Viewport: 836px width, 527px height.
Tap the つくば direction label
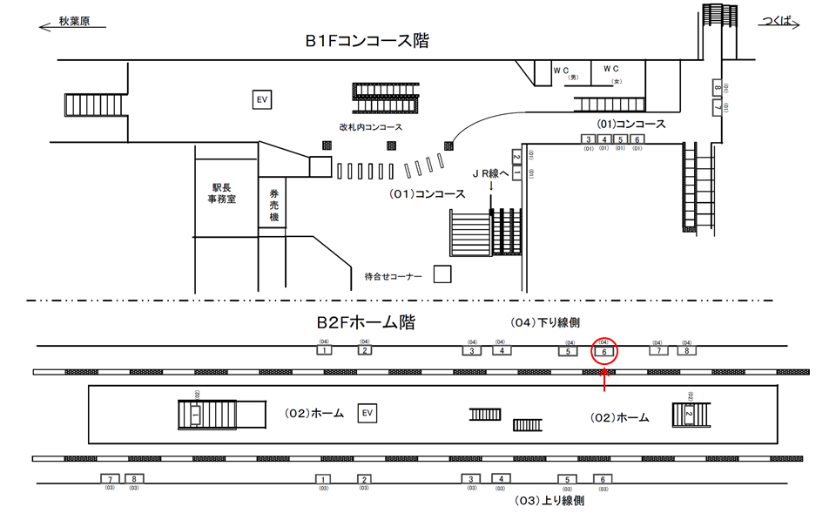tap(776, 19)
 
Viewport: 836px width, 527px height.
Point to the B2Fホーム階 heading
tap(365, 323)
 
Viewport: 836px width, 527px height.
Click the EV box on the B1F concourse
tap(261, 100)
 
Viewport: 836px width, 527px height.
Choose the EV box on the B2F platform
tap(367, 412)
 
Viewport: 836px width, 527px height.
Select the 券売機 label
tap(273, 206)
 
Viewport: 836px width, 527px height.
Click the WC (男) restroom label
tap(563, 71)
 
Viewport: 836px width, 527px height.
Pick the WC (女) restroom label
tap(612, 71)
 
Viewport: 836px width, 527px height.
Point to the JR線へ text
tap(492, 173)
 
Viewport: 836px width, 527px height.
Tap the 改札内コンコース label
tap(371, 127)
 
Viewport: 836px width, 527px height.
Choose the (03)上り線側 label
tap(549, 500)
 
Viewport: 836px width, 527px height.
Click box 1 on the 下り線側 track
tap(323, 350)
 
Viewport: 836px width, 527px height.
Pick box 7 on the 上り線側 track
tap(110, 479)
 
